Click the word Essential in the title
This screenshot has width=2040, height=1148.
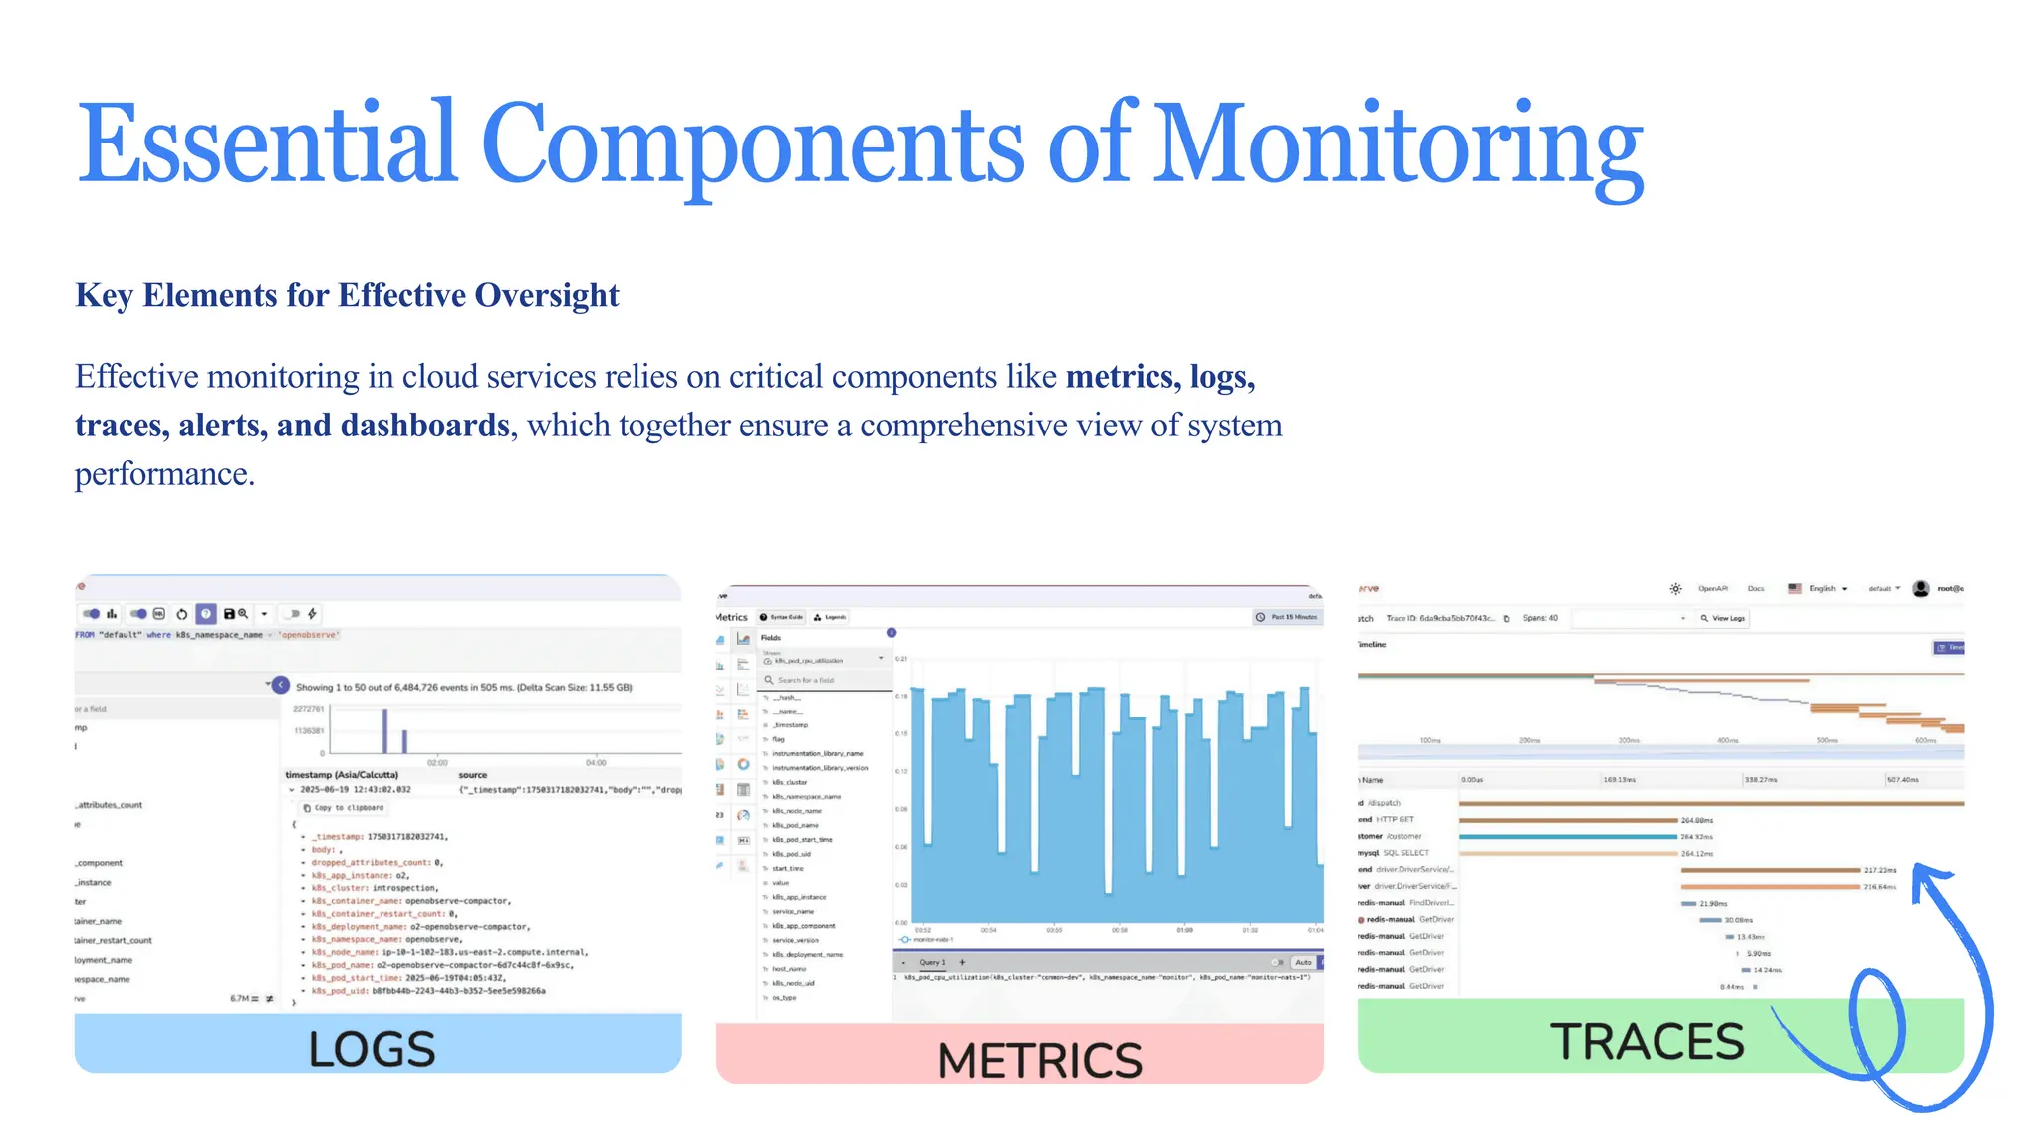267,144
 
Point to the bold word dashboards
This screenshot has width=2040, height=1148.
425,426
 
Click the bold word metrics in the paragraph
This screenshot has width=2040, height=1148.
1122,377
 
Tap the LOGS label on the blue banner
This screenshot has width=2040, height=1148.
372,1049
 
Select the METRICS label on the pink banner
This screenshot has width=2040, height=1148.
1040,1060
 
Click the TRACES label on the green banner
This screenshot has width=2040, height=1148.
1648,1042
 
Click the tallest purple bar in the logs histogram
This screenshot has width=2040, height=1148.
384,729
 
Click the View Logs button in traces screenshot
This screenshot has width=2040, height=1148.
1723,619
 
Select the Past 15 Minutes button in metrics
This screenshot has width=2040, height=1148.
1287,617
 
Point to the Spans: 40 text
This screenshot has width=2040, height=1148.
1540,618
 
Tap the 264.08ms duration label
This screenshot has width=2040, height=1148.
1697,821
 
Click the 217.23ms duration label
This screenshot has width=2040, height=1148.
1880,870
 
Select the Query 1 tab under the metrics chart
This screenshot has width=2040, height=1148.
932,963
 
